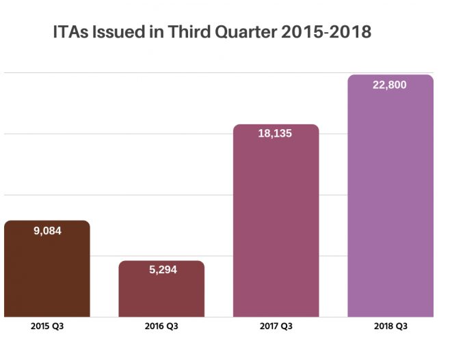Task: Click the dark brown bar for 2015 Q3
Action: pyautogui.click(x=47, y=273)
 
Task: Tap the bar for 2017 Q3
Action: pyautogui.click(x=276, y=225)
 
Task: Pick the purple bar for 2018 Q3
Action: pyautogui.click(x=390, y=205)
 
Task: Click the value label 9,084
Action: pyautogui.click(x=47, y=231)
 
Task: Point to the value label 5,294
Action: pyautogui.click(x=162, y=270)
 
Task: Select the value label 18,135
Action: pyautogui.click(x=275, y=134)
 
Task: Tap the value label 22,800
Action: pyautogui.click(x=390, y=85)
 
